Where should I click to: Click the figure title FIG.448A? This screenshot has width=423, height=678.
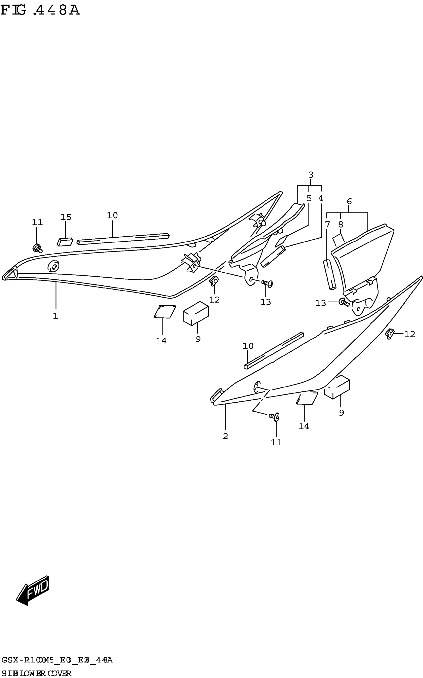(40, 11)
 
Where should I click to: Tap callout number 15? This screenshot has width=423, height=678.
(66, 217)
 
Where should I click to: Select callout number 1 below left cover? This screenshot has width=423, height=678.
(56, 316)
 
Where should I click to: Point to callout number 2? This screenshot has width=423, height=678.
(225, 436)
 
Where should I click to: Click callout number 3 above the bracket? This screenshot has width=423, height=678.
(311, 175)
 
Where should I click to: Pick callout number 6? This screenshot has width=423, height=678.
(349, 201)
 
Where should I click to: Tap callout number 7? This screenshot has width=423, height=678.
(328, 224)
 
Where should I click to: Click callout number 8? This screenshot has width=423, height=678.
(340, 224)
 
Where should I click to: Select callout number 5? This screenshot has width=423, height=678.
(309, 198)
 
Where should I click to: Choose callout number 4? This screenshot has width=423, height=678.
(321, 198)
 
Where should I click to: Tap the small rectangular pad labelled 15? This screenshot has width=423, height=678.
(65, 242)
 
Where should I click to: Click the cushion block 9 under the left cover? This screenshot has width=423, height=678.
(196, 313)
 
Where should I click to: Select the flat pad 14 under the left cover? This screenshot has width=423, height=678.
(165, 311)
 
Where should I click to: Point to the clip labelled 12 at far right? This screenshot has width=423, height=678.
(389, 334)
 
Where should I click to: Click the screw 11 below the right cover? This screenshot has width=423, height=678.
(274, 417)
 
